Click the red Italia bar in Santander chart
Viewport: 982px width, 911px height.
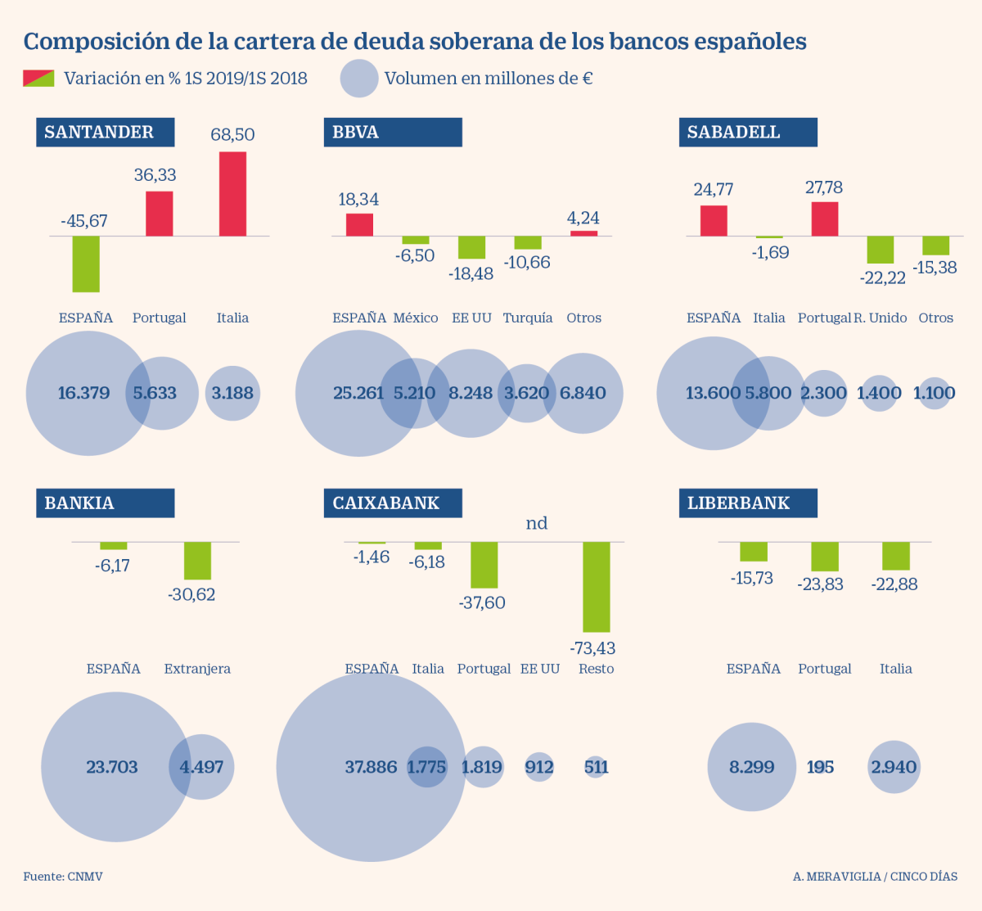click(x=232, y=194)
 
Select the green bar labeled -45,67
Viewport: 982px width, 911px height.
click(x=86, y=264)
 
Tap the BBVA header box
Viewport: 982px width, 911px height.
click(x=392, y=133)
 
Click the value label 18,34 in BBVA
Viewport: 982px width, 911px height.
click(x=358, y=199)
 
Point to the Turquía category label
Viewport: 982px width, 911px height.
click(x=527, y=318)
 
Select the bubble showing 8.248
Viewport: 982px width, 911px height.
click(x=471, y=393)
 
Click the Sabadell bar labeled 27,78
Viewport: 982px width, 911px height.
click(x=824, y=219)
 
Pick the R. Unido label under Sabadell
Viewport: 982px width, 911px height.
click(x=880, y=318)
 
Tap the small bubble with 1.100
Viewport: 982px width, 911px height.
click(x=934, y=393)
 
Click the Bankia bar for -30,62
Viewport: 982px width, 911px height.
click(x=197, y=561)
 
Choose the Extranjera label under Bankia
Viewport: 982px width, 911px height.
click(x=197, y=669)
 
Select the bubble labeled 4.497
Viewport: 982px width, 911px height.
click(x=201, y=767)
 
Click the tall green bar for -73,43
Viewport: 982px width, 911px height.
click(x=596, y=587)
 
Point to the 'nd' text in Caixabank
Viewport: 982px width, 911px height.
click(x=536, y=523)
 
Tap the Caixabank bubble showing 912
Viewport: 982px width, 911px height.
click(x=539, y=767)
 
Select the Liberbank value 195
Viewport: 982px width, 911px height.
click(x=820, y=767)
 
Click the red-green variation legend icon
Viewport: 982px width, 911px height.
click(x=38, y=79)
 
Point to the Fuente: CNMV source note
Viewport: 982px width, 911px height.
click(x=63, y=877)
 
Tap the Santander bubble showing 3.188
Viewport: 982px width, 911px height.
click(x=232, y=393)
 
